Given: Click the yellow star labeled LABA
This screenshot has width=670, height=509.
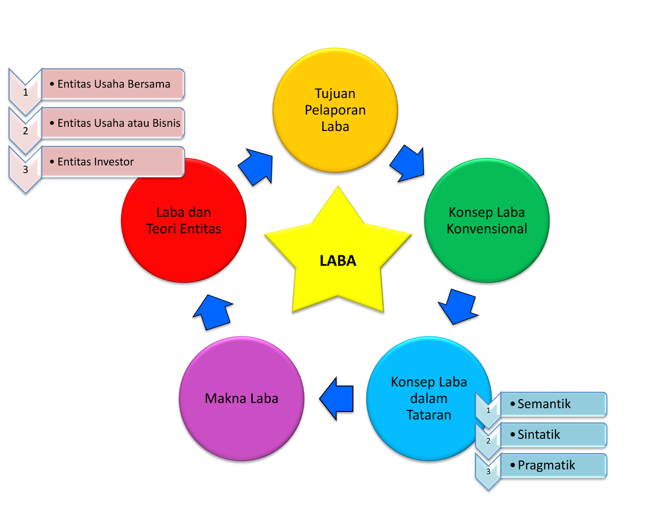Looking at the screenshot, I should coord(338,257).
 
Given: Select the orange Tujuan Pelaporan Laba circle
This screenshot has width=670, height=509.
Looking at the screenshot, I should coord(335,110).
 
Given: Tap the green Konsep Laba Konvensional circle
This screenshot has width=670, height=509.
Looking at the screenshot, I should coord(487,220).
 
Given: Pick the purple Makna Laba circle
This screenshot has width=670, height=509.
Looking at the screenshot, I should coord(242,399).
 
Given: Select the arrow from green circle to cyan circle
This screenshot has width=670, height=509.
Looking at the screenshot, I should coord(458,306).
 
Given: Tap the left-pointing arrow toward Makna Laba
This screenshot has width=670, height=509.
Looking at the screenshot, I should coord(338,399).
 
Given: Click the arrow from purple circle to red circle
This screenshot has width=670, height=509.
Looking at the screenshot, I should coord(213,312).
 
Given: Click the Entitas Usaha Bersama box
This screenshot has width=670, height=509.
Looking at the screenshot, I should coord(113,84).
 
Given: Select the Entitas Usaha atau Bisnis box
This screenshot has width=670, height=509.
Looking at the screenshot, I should coord(113,123).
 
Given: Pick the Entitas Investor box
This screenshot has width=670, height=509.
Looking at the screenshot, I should coord(113,162).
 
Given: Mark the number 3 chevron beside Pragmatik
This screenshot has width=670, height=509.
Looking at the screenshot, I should coord(488,471).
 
